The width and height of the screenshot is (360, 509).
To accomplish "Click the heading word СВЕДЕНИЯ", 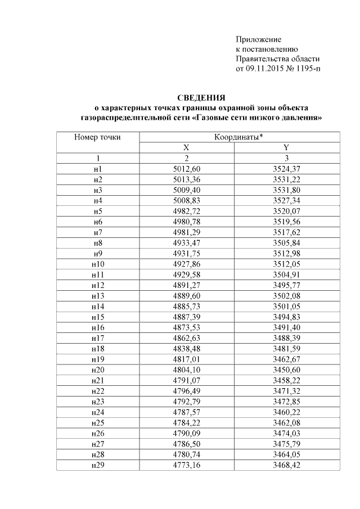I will (x=201, y=97).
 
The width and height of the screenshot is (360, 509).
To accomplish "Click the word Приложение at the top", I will (x=258, y=39).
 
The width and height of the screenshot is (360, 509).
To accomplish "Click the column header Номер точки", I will (x=98, y=137).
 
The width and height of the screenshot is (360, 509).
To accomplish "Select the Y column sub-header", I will (x=286, y=147).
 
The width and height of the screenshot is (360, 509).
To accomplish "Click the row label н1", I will (x=98, y=169).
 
